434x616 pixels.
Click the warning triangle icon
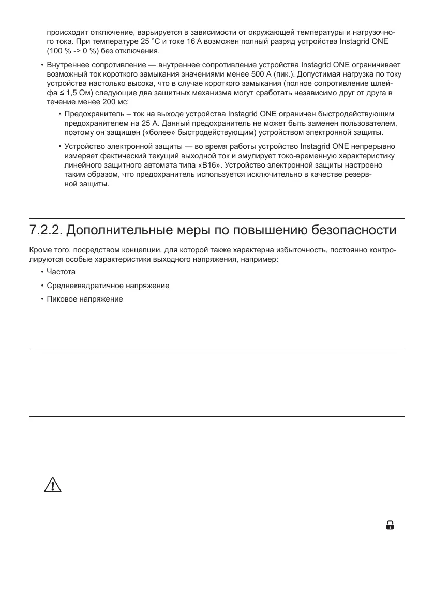(x=53, y=485)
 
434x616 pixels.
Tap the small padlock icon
(x=390, y=525)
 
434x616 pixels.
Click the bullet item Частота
(x=61, y=272)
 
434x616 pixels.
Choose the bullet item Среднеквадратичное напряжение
(x=108, y=286)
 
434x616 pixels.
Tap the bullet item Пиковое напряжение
(x=85, y=299)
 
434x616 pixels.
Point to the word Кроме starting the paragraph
(x=39, y=250)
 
